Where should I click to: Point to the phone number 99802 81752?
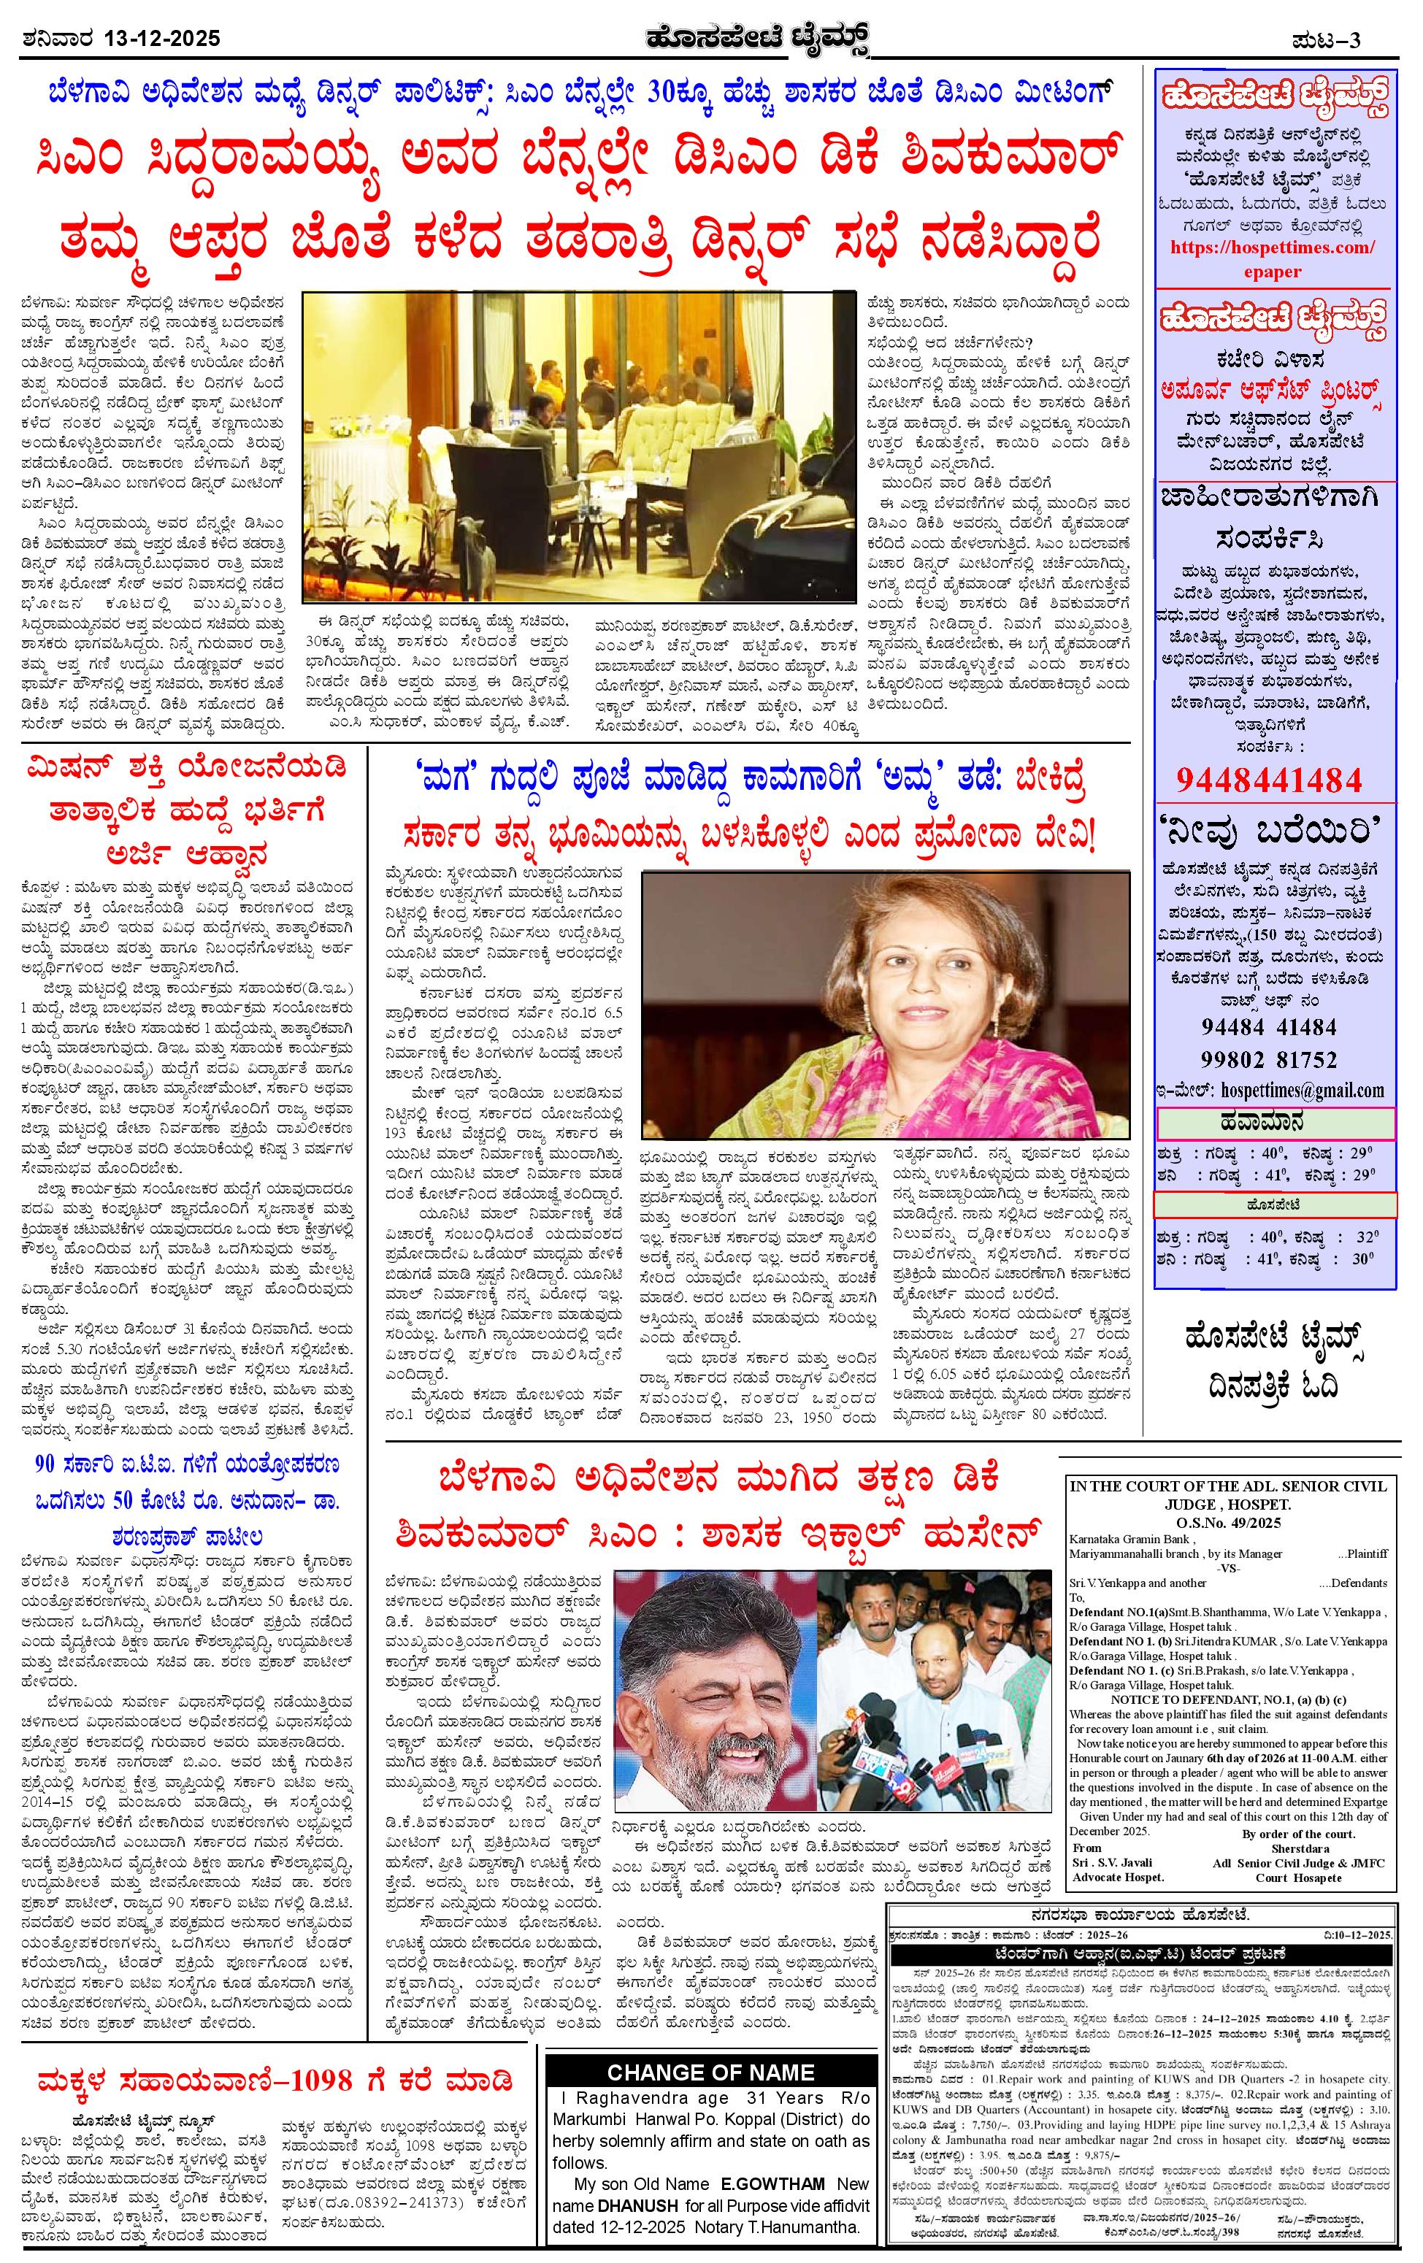(x=1269, y=1059)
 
